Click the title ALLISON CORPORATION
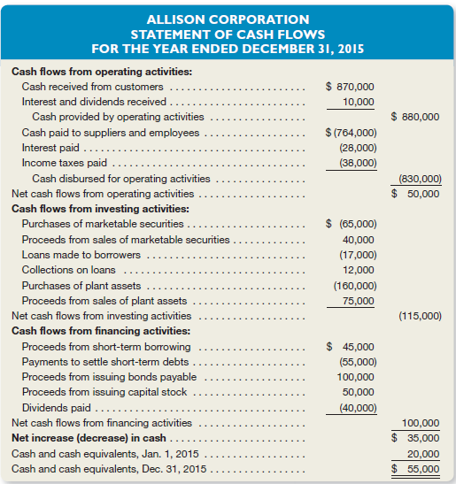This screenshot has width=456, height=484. pyautogui.click(x=228, y=18)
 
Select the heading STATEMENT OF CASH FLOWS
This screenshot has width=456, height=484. pyautogui.click(x=228, y=33)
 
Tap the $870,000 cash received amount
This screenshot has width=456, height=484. pyautogui.click(x=350, y=87)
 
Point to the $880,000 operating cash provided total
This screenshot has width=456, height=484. pyautogui.click(x=415, y=117)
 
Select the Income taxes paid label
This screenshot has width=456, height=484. pyautogui.click(x=65, y=163)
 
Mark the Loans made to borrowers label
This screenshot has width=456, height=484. pyautogui.click(x=77, y=255)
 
